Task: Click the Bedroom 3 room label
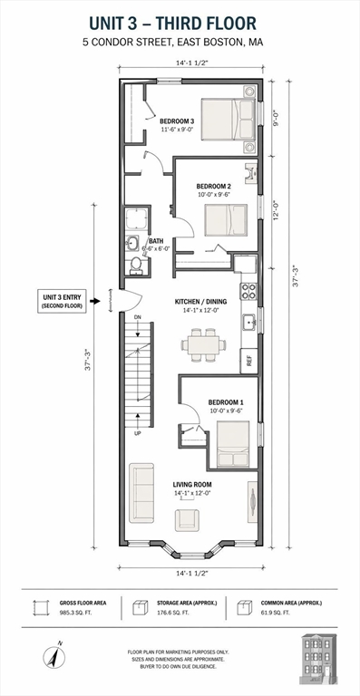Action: coord(177,121)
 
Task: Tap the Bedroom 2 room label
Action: coord(214,187)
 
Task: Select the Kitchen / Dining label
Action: coord(200,302)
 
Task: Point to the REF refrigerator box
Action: coord(249,361)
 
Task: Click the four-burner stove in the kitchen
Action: coord(248,291)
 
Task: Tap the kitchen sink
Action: coord(249,322)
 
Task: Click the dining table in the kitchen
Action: coord(204,345)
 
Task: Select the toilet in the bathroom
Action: coord(136,265)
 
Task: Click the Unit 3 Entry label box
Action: coord(62,301)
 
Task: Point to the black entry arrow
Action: coord(95,301)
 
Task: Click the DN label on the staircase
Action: coord(138,317)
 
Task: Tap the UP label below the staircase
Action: coord(138,433)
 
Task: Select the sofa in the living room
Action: coord(141,493)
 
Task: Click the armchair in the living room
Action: coord(187,520)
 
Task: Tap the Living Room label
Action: coord(192,484)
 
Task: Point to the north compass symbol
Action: coord(54,656)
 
